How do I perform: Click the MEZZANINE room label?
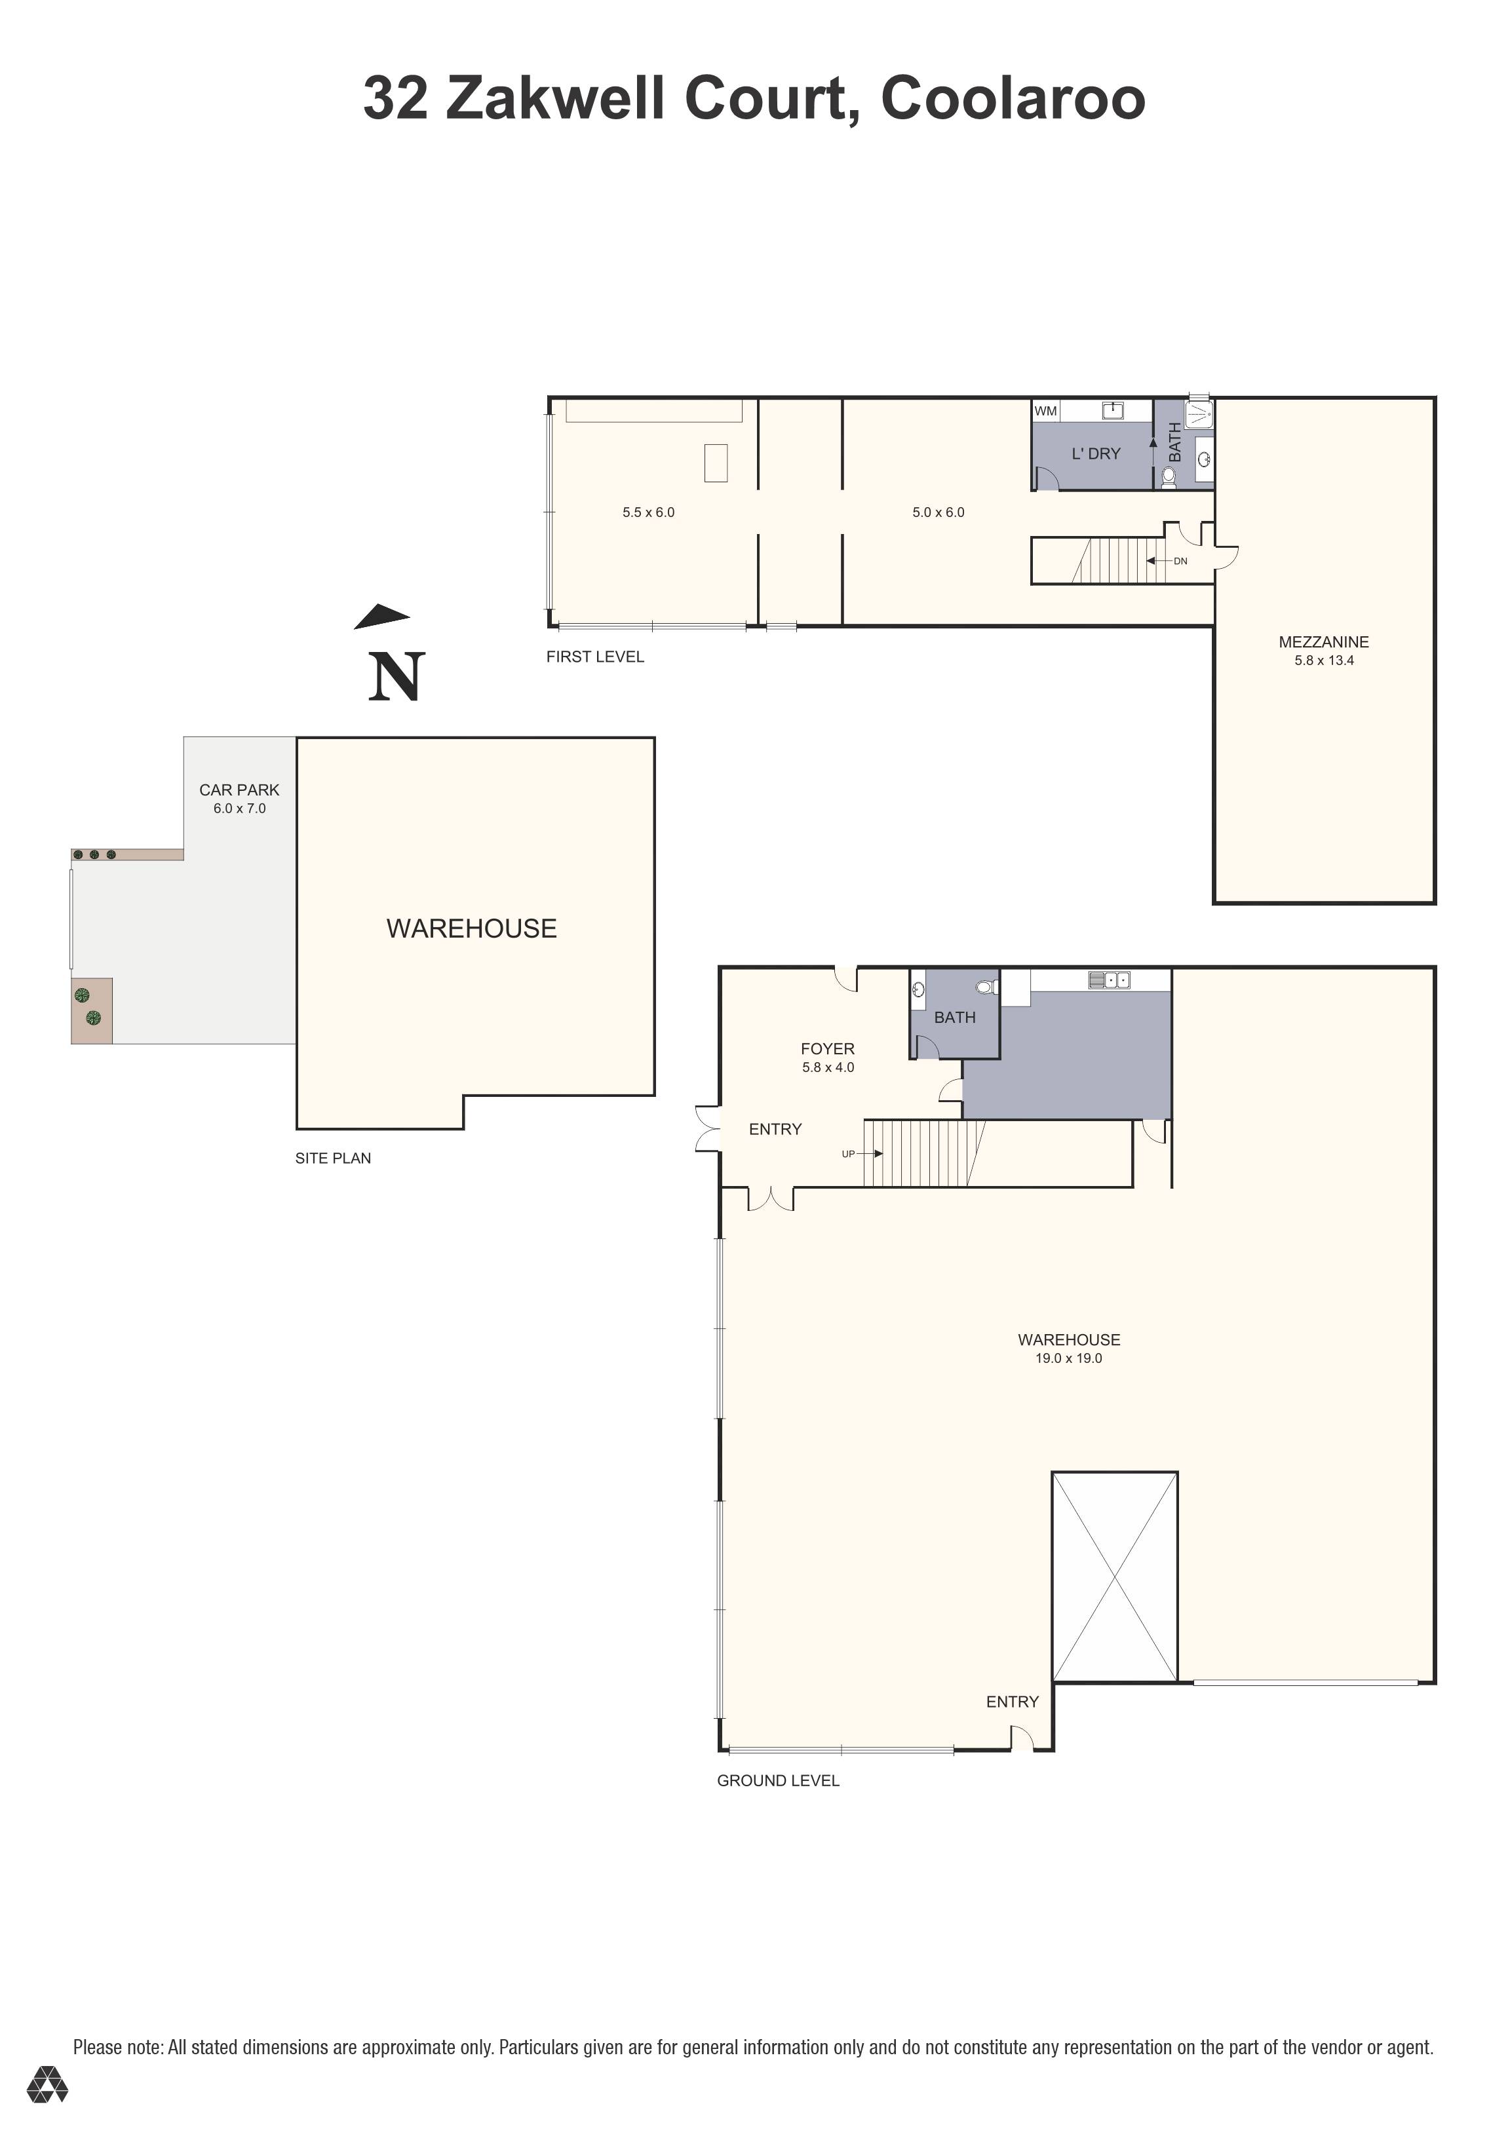click(x=1323, y=641)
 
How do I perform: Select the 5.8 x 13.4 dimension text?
click(x=1323, y=660)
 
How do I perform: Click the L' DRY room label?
click(x=1095, y=454)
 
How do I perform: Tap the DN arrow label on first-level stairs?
click(x=1180, y=561)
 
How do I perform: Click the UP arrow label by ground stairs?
click(x=848, y=1153)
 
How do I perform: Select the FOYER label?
click(x=827, y=1048)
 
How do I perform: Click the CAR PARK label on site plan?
click(x=239, y=790)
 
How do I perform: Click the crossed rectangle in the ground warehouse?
click(x=1114, y=1577)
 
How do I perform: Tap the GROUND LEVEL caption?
click(x=778, y=1781)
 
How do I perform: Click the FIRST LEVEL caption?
click(x=595, y=657)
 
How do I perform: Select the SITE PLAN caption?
click(x=332, y=1158)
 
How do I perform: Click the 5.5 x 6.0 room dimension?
click(x=648, y=512)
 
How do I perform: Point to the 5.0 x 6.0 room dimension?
click(x=938, y=512)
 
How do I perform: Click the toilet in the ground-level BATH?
click(x=984, y=987)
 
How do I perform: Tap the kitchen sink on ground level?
click(x=1110, y=980)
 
